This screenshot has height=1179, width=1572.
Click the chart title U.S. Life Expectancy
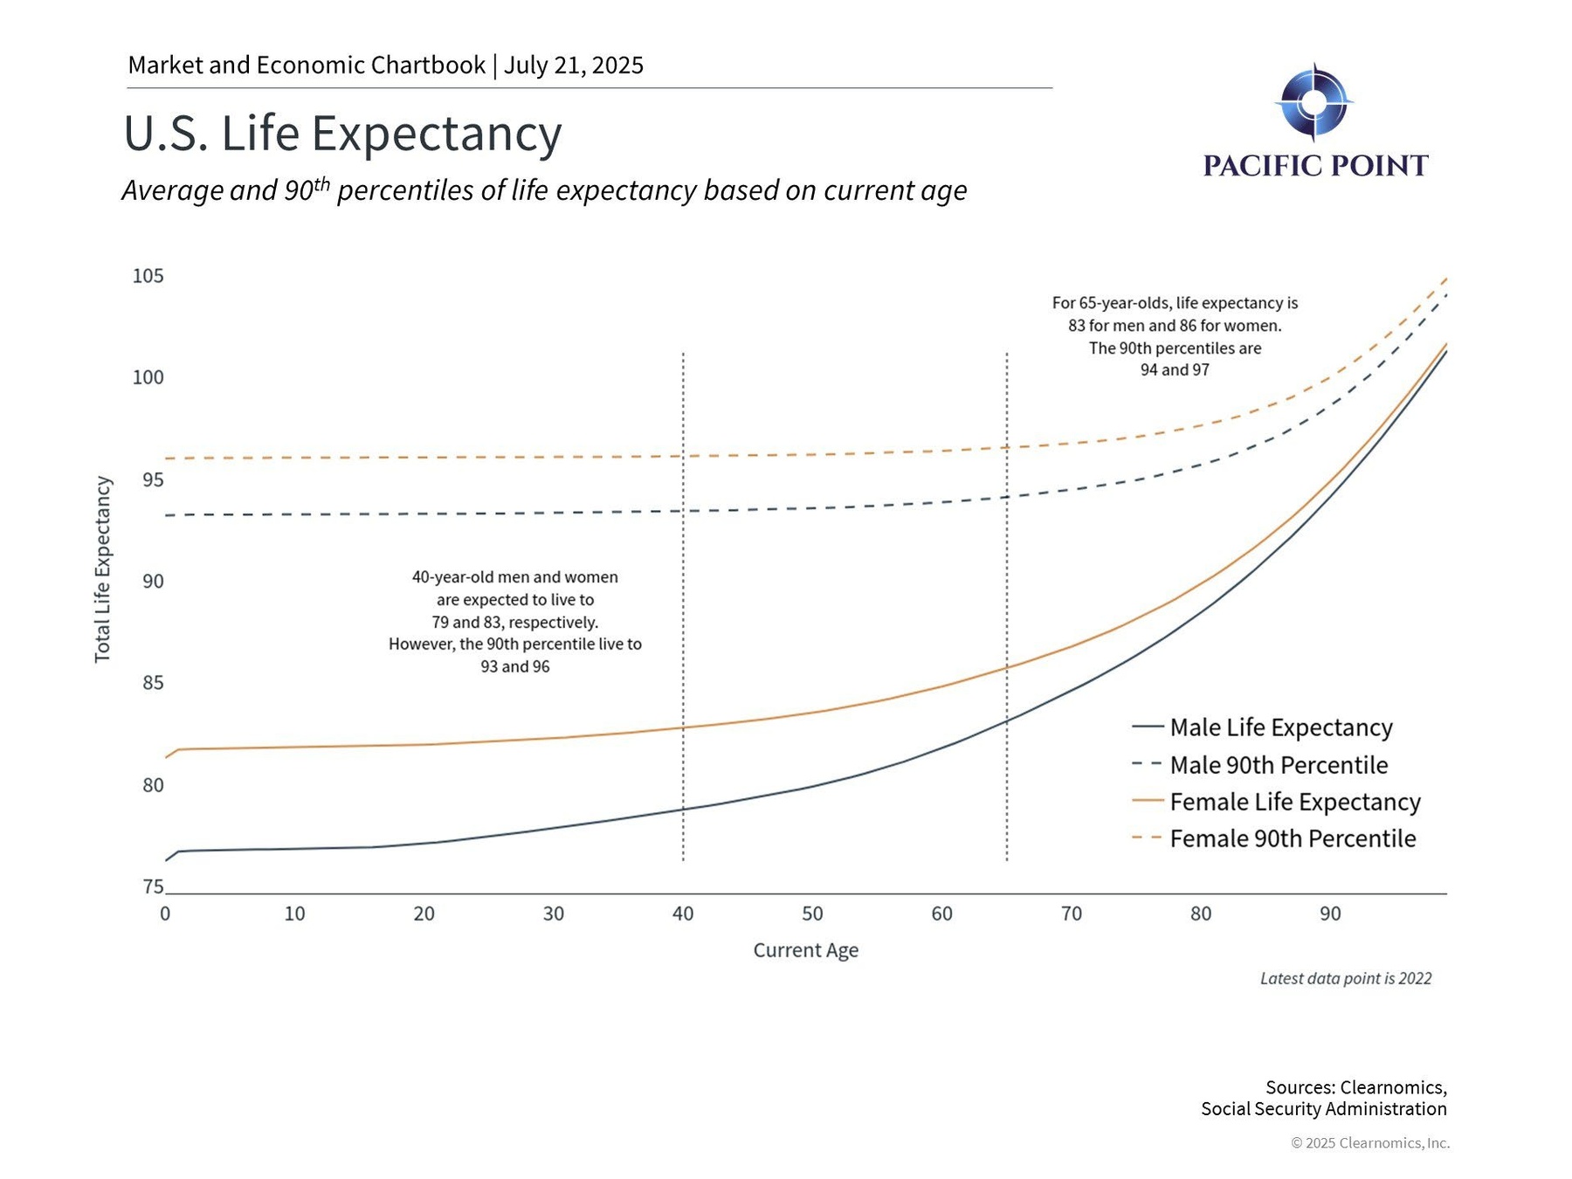point(342,134)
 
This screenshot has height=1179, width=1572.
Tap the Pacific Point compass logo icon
point(1313,102)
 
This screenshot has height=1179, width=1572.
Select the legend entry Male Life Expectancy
point(1280,727)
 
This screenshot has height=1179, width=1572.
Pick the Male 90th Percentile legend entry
point(1278,765)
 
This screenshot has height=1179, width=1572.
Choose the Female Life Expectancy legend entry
point(1294,802)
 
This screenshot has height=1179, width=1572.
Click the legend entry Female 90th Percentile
point(1292,838)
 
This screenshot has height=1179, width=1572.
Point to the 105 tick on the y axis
point(148,276)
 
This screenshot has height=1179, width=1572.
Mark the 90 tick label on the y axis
point(153,582)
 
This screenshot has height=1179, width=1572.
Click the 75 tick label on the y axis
point(153,886)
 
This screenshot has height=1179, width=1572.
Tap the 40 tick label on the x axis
point(683,914)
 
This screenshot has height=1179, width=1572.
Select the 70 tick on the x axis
point(1072,914)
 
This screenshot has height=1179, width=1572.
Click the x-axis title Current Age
point(805,950)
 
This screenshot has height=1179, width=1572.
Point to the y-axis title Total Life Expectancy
point(103,569)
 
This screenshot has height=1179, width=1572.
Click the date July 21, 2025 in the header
point(574,65)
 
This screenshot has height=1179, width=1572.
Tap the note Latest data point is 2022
point(1345,978)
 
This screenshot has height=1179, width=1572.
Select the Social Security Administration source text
point(1323,1109)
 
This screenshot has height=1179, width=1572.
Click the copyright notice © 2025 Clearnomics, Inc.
point(1369,1143)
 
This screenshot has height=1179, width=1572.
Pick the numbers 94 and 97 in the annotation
point(1175,370)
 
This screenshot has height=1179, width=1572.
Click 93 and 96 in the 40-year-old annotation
point(515,666)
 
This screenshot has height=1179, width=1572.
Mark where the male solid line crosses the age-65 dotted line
point(1007,721)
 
